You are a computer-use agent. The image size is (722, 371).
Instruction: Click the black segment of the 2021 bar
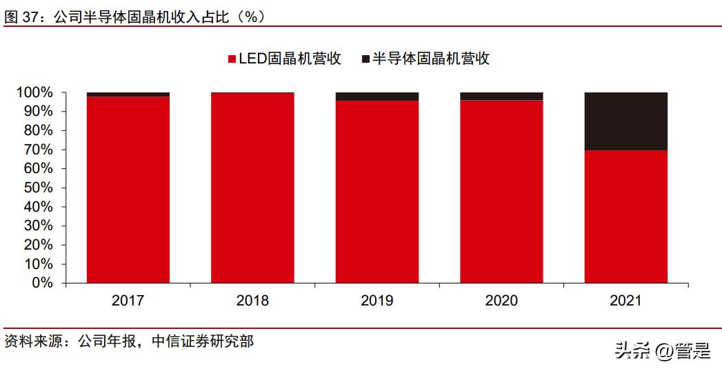point(625,121)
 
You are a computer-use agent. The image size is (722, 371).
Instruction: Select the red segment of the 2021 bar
point(625,217)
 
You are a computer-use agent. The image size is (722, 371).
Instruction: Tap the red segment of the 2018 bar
point(252,188)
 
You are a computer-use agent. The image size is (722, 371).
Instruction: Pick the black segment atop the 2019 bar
point(377,97)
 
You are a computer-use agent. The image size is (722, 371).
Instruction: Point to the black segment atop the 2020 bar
point(501,97)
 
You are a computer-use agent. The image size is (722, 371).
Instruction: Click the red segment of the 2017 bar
point(128,190)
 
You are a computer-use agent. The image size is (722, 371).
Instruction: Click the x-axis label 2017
point(128,301)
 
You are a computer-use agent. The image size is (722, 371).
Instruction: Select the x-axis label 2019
point(377,301)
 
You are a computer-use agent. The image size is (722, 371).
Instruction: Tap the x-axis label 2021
point(625,301)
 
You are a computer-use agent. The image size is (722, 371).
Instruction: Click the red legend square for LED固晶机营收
point(232,59)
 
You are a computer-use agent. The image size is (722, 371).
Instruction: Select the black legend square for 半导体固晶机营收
point(365,59)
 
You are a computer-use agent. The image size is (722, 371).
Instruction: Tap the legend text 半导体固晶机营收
point(431,59)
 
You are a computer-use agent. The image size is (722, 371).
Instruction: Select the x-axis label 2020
point(501,301)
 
